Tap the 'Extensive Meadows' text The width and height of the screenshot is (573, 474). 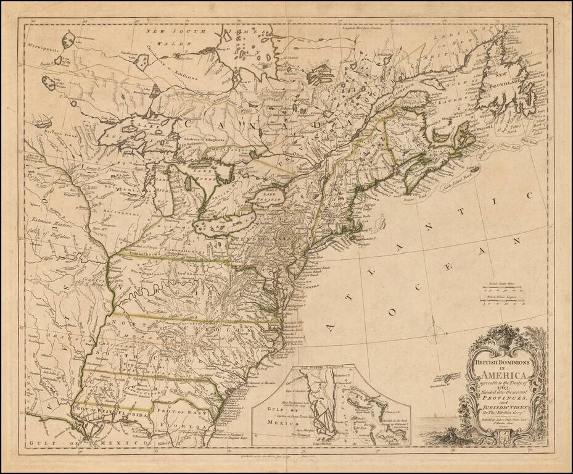[48, 220]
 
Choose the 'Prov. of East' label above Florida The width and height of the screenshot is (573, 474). [183, 410]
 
